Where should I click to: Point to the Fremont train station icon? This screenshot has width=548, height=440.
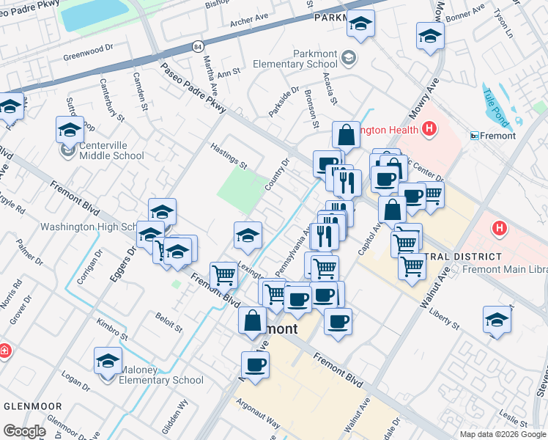(x=475, y=136)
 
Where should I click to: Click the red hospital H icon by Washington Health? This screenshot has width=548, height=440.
(x=429, y=131)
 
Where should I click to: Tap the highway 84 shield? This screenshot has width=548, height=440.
(x=199, y=46)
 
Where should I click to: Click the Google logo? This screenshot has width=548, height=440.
(x=25, y=431)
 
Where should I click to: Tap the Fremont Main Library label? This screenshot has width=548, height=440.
(x=506, y=270)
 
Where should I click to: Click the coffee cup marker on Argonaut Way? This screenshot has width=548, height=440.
(x=255, y=365)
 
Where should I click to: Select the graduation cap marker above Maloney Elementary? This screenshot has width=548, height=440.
(x=108, y=362)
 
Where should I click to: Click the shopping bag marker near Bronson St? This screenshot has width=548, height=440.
(x=346, y=136)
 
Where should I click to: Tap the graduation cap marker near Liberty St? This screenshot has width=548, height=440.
(x=497, y=320)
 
